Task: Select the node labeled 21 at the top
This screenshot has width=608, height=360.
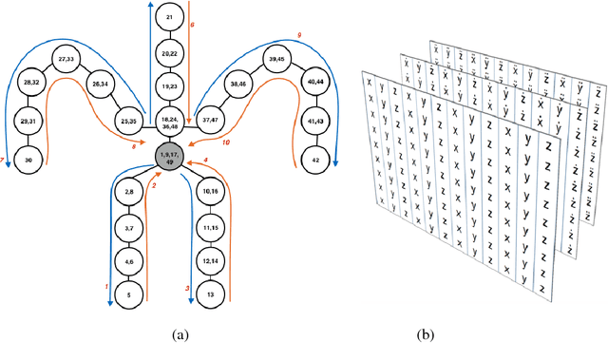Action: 170,18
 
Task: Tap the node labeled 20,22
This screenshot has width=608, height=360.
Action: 170,53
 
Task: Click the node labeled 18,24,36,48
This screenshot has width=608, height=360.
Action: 170,121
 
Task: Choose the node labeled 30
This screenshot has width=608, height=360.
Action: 28,161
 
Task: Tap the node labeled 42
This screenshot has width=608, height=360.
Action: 314,161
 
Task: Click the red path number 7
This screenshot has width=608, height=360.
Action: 5,161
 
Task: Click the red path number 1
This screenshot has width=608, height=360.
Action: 107,285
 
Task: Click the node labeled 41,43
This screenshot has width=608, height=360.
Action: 314,123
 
